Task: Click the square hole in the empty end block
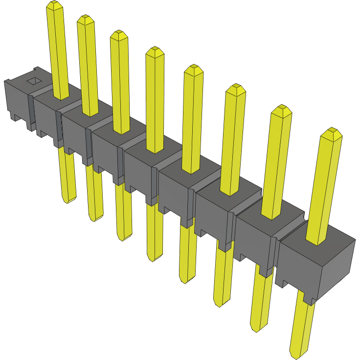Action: [34, 81]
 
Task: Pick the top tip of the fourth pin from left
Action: [155, 51]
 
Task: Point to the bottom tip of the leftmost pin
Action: [69, 201]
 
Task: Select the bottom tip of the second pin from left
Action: [95, 219]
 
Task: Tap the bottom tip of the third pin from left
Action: [124, 238]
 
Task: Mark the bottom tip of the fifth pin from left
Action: [186, 281]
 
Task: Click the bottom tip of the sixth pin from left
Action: [221, 305]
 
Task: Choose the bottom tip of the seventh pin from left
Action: [258, 329]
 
